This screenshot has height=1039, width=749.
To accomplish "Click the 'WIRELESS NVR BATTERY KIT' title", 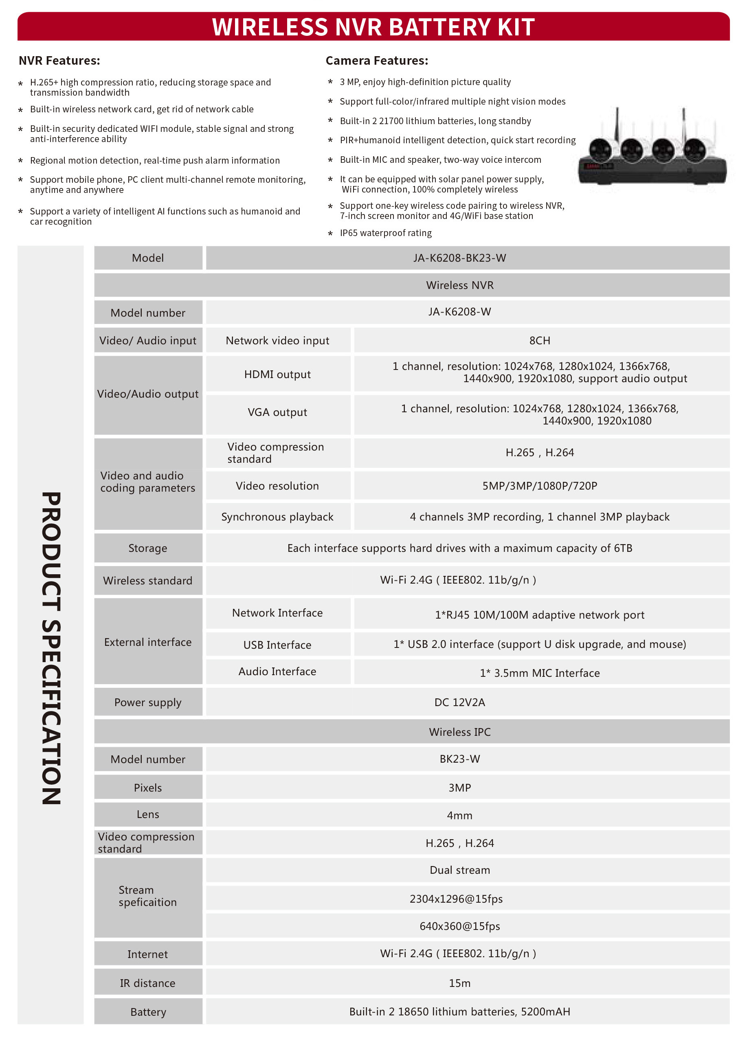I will [x=373, y=26].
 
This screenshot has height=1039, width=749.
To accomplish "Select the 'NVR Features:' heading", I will [x=59, y=61].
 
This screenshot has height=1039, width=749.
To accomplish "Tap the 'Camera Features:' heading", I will [x=377, y=61].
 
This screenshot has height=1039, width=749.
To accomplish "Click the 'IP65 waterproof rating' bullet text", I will [x=386, y=233].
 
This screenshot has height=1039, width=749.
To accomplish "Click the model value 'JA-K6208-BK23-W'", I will [x=459, y=258].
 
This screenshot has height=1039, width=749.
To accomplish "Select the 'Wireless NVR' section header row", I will [x=459, y=285].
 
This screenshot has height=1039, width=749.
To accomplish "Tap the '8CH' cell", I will [x=540, y=340].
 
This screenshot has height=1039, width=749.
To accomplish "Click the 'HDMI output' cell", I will [x=277, y=374].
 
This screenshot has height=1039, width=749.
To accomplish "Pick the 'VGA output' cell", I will [x=277, y=412].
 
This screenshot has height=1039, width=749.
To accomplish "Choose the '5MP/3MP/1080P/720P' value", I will [x=540, y=486].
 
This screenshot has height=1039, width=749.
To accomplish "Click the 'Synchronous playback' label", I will [x=277, y=517].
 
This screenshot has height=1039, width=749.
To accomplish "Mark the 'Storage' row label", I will [x=147, y=548].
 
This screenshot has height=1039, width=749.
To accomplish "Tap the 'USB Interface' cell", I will [x=277, y=645].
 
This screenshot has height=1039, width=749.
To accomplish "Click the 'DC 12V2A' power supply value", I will [x=459, y=702].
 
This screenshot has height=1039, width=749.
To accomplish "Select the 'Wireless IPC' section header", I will [x=459, y=732].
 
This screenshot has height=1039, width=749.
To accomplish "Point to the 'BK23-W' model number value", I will [x=459, y=759].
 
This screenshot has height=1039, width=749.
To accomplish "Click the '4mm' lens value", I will [x=459, y=815].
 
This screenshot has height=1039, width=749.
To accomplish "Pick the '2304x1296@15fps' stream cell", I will [x=456, y=899].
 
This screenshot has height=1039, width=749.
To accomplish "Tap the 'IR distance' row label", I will [x=147, y=983].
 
